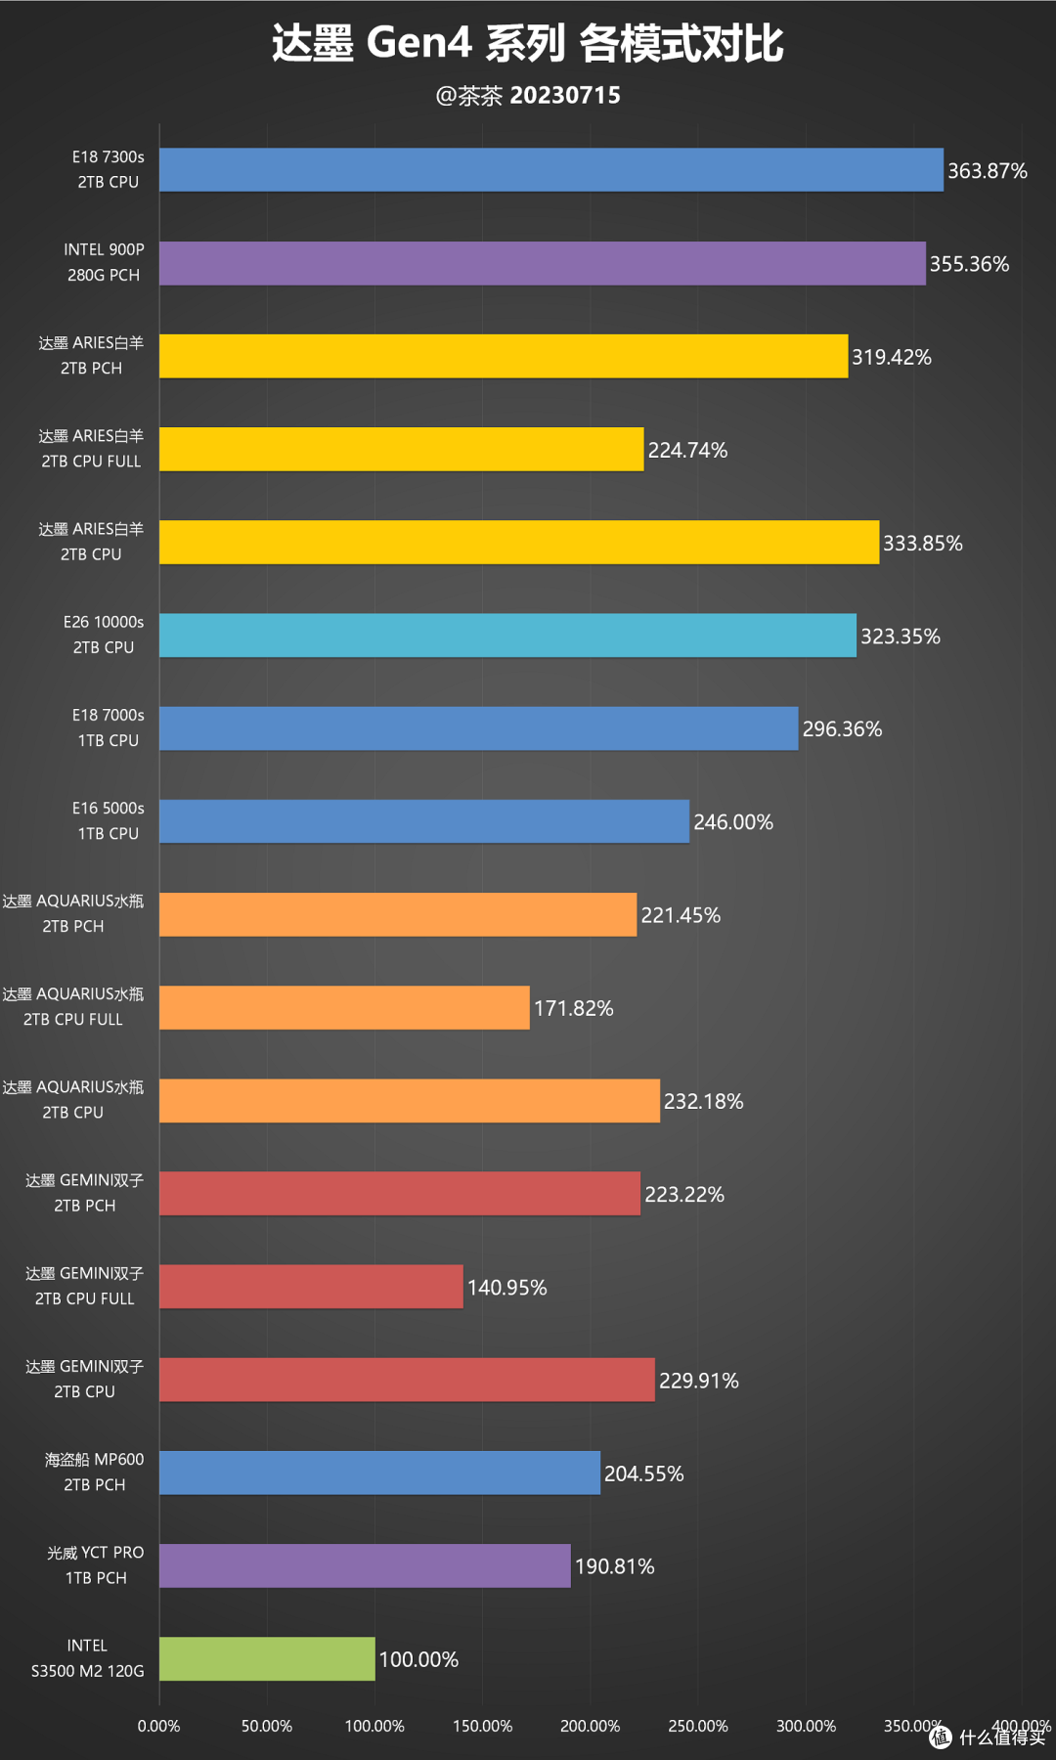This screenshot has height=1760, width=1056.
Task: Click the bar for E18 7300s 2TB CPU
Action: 551,170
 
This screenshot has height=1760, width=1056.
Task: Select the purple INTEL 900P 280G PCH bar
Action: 543,263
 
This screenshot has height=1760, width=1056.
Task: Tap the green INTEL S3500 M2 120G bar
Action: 267,1658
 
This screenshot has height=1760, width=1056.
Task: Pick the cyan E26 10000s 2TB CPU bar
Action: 507,636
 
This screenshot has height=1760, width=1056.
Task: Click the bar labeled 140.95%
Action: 311,1287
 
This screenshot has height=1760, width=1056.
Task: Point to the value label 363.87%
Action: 988,171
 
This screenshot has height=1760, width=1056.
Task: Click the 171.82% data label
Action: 574,1008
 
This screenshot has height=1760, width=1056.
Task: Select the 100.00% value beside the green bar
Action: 418,1659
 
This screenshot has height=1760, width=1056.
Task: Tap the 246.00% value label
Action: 733,822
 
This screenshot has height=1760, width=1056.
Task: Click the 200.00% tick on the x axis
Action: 590,1726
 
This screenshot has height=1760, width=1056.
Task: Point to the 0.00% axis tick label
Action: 158,1726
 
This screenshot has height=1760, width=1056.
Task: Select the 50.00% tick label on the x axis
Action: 267,1726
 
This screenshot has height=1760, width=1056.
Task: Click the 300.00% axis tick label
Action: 806,1726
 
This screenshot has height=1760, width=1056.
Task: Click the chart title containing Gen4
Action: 528,43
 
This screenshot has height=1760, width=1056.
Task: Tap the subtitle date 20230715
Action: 565,95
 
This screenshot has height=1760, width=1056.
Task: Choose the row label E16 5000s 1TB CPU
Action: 109,820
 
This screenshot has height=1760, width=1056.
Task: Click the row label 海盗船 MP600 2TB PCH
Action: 94,1472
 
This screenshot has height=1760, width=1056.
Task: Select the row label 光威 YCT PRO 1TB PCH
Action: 96,1564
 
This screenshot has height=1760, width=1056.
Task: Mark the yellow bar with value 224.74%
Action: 402,449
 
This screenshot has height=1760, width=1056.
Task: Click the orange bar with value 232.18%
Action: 410,1100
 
